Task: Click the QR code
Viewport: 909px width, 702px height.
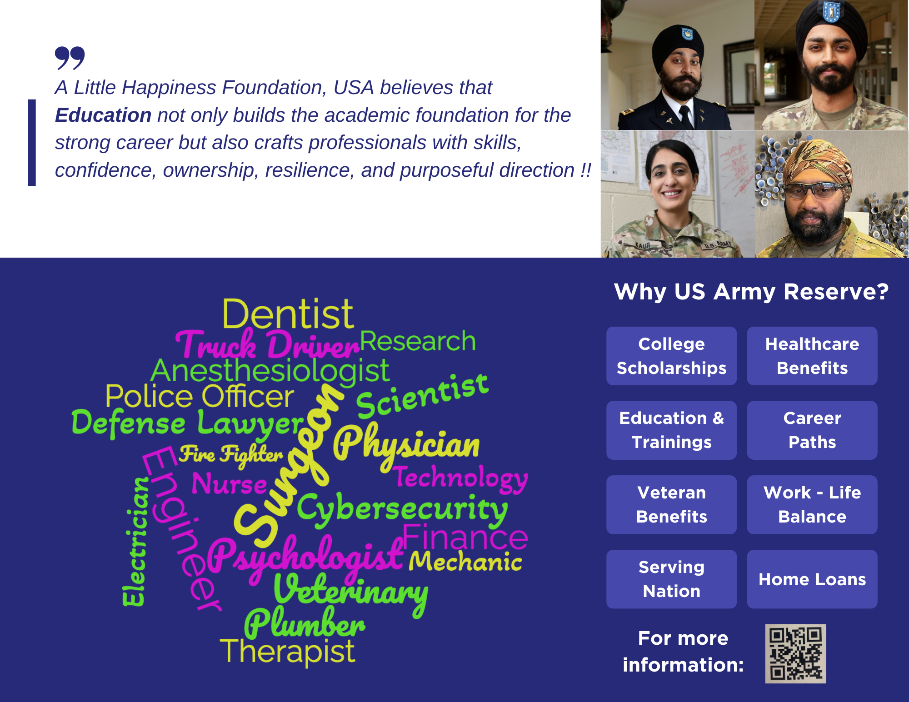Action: (x=795, y=653)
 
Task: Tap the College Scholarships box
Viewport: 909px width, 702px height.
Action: (x=671, y=356)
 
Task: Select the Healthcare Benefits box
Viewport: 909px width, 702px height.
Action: (x=812, y=356)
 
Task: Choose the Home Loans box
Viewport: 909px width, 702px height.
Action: (x=812, y=579)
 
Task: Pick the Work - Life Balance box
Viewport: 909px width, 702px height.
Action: (x=812, y=504)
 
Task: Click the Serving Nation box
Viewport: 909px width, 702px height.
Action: (x=671, y=579)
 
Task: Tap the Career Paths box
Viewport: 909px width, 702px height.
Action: (x=812, y=430)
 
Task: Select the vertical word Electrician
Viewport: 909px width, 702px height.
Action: (x=135, y=541)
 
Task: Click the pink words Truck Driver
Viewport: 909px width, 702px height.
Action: (x=268, y=345)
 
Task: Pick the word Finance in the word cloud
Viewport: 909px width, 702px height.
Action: (x=465, y=537)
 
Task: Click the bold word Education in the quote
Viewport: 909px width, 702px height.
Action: (x=103, y=115)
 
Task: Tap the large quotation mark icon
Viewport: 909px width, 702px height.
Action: (x=70, y=58)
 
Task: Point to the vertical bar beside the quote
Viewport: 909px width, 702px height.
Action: (x=32, y=142)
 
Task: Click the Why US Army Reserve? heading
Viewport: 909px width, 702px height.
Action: (x=751, y=292)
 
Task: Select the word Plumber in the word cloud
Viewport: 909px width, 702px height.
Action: (x=305, y=623)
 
